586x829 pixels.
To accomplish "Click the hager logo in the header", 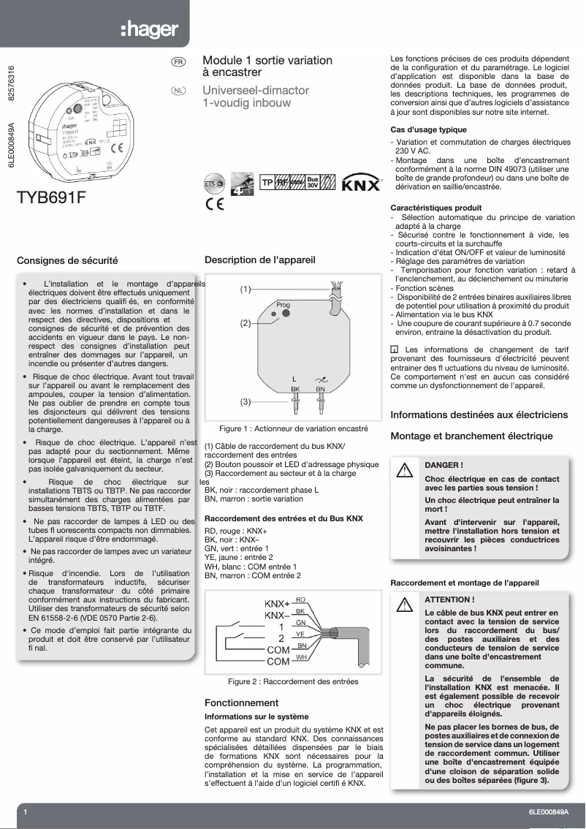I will coord(150,30).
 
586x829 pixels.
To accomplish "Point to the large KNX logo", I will coord(362,183).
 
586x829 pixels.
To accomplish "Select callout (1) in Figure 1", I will coord(246,289).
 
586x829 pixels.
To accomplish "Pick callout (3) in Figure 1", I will coord(246,402).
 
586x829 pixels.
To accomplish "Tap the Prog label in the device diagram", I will coord(284,303).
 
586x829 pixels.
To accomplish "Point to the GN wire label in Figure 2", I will coord(300,623).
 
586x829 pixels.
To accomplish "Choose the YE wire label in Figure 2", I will coord(300,635).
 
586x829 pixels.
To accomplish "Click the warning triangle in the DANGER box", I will coord(403,471).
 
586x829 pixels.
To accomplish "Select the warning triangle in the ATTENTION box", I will coord(403,605).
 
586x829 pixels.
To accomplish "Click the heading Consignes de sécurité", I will coord(67,260).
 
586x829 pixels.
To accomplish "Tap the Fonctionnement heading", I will coord(241,703).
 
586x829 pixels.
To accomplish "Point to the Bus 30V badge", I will coord(313,183).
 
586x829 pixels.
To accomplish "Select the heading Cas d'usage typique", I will coord(428,129).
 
